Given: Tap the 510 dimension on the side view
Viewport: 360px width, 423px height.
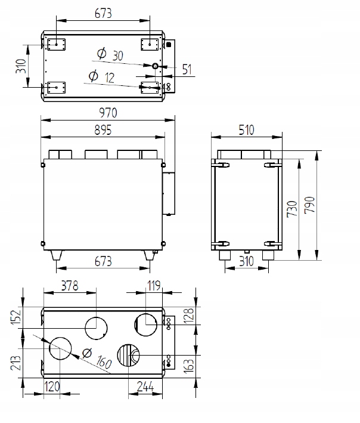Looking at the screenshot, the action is [x=247, y=129].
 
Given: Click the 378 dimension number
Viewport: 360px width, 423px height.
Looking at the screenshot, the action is [x=69, y=285].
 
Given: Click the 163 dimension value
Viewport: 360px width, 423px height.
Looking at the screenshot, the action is [x=188, y=363].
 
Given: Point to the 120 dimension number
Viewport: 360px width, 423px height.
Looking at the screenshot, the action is [x=52, y=387].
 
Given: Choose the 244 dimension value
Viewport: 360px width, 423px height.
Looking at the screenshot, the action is [x=145, y=387].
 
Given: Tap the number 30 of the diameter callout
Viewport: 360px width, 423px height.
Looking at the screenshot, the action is [x=117, y=55].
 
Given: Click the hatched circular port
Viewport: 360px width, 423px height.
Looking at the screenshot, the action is [x=128, y=357].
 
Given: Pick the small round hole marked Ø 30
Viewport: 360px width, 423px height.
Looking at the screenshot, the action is [x=155, y=66].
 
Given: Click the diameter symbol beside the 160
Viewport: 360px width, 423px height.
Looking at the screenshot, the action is [x=87, y=353].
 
